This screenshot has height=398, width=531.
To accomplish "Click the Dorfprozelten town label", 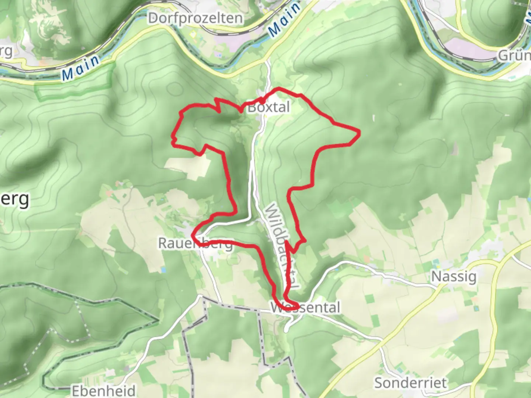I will [195, 18].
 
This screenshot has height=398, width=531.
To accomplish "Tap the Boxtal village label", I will [269, 107].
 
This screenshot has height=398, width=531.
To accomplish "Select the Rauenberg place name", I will [195, 243].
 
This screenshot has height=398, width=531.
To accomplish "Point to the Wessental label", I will [305, 307].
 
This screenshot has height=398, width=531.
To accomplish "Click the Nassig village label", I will [454, 276].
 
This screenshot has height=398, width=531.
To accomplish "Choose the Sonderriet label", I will [410, 383].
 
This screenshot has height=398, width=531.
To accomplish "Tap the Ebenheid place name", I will [104, 390].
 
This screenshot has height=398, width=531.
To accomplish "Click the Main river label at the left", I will [81, 67].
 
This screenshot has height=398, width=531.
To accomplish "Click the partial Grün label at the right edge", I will [514, 56].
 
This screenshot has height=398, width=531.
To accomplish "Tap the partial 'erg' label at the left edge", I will [15, 199].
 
